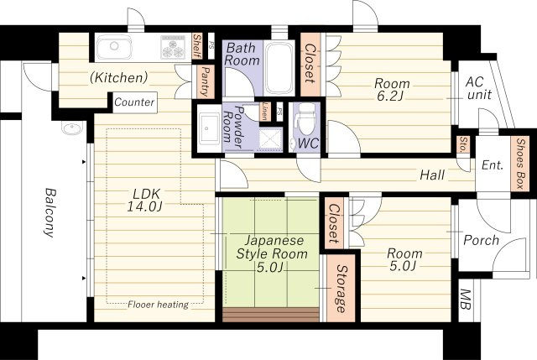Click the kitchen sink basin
tap(114, 47)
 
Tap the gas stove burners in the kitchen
tap(173, 47)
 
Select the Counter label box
tap(134, 102)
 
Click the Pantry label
tap(205, 81)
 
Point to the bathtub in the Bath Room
tap(279, 68)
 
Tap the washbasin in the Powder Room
tap(209, 128)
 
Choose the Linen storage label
tap(265, 111)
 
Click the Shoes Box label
tap(520, 164)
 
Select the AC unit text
tap(478, 88)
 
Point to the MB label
tap(465, 300)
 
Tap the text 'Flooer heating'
tap(158, 305)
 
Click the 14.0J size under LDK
tap(144, 206)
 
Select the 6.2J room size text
tap(390, 96)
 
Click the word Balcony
tap(50, 212)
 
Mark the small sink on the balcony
tap(72, 128)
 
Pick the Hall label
tap(432, 175)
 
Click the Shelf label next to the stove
tap(197, 46)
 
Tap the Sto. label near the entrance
tap(463, 144)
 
